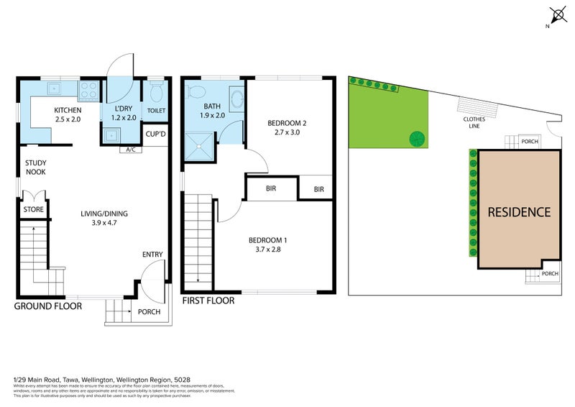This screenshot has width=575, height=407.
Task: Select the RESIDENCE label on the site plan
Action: click(x=519, y=212)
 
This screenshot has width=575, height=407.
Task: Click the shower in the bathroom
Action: click(x=200, y=147)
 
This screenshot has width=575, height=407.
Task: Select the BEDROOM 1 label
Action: click(x=268, y=240)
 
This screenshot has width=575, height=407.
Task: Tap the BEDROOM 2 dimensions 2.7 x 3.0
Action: click(x=287, y=132)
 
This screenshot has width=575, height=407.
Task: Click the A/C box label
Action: click(x=131, y=150)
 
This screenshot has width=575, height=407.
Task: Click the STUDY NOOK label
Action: click(x=36, y=168)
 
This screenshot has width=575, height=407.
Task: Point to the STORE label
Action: click(x=34, y=210)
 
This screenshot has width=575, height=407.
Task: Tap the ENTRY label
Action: click(x=152, y=254)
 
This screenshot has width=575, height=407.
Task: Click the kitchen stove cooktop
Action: click(x=89, y=91)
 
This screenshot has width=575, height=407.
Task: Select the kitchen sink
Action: click(x=53, y=89)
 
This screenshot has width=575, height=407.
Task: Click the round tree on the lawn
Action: click(x=415, y=138)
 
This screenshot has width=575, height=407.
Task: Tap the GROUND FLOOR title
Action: click(x=48, y=306)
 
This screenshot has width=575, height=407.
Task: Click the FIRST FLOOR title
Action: click(x=208, y=301)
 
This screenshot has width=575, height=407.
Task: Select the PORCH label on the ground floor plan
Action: click(x=148, y=312)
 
